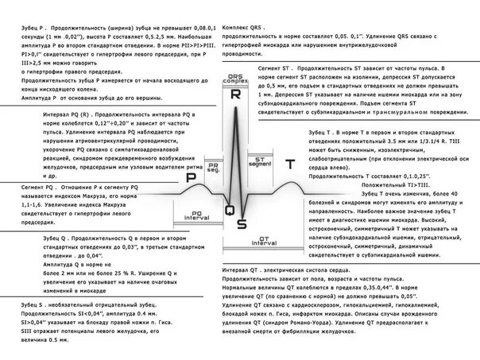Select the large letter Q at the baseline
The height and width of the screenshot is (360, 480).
(229, 210)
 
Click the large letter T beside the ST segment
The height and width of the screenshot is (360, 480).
(291, 164)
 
